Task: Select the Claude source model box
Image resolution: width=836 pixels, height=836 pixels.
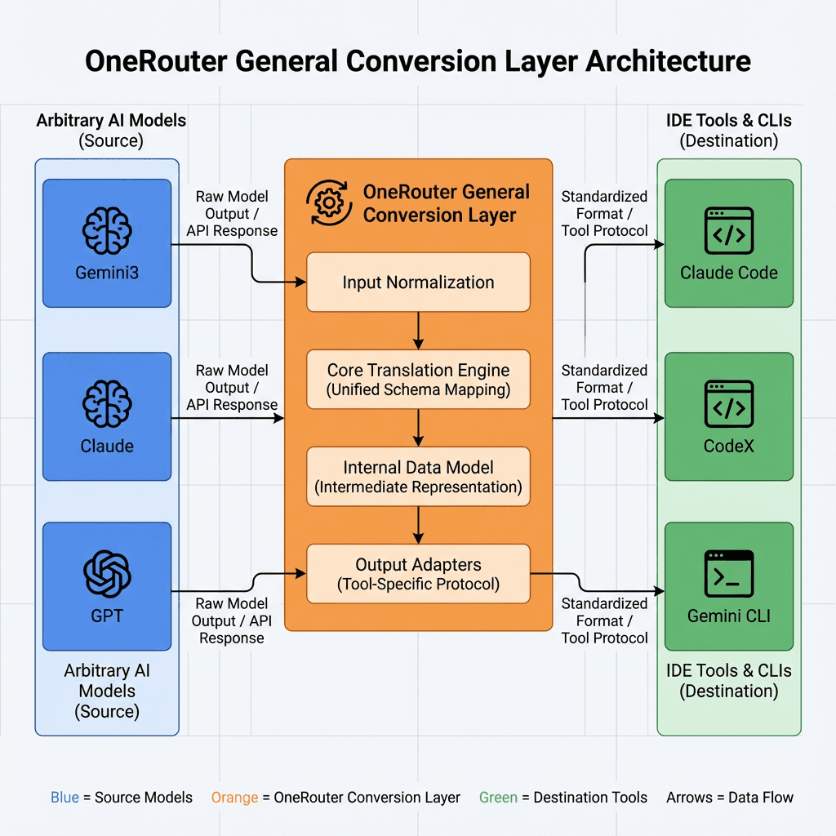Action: click(x=107, y=416)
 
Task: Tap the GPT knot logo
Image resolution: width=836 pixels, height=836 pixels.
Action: click(x=107, y=573)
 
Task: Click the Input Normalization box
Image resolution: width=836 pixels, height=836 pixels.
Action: click(x=418, y=282)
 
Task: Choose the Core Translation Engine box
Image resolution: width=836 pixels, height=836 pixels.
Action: click(x=418, y=380)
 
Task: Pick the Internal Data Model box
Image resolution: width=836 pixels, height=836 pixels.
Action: click(x=418, y=477)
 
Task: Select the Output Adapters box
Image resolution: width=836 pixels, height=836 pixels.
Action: click(x=418, y=574)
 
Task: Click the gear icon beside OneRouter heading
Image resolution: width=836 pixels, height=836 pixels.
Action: click(x=328, y=203)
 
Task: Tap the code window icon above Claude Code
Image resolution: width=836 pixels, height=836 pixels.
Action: click(x=729, y=231)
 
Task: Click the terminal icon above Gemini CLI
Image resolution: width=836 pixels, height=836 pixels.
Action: click(x=729, y=573)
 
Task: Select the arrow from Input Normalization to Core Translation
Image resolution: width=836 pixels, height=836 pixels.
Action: click(x=418, y=331)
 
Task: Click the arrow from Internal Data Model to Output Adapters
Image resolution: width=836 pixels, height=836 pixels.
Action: click(x=418, y=525)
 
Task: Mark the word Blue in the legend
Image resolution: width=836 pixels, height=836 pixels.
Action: click(x=65, y=798)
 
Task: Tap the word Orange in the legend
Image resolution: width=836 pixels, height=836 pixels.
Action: click(x=234, y=798)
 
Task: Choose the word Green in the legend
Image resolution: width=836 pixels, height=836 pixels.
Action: click(x=498, y=798)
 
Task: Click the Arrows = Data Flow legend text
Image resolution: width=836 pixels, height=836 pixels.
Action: click(x=729, y=798)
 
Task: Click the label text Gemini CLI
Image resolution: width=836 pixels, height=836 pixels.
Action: click(x=729, y=616)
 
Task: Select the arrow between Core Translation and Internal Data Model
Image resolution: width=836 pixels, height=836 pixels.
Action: click(x=418, y=428)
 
